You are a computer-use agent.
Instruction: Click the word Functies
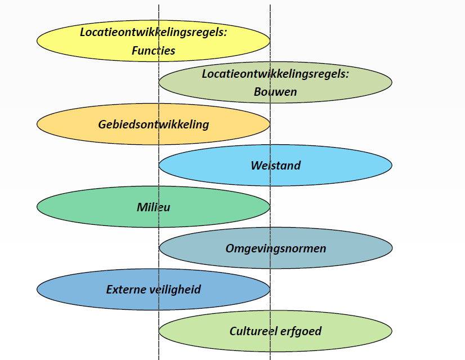(154, 51)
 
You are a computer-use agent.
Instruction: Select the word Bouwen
(275, 92)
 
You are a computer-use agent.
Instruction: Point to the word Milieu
(154, 207)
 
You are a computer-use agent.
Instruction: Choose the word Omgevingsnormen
(276, 248)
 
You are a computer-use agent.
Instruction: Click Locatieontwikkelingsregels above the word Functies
(154, 32)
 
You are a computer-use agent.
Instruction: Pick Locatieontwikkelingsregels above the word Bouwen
(275, 74)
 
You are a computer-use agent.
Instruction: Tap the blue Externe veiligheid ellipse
(68, 290)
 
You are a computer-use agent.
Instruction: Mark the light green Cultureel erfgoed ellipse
(355, 331)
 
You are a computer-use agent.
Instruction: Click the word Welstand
(276, 166)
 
